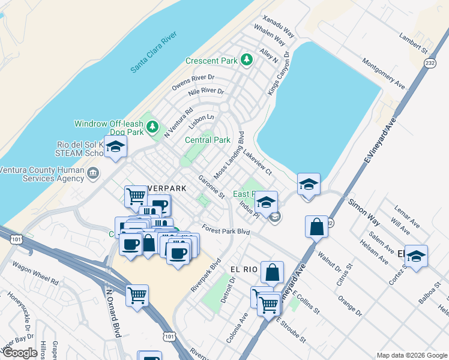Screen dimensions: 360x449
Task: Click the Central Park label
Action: (208, 140)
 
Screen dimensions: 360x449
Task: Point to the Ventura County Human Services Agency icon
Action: (92, 174)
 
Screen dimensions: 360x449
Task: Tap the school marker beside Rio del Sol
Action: (115, 147)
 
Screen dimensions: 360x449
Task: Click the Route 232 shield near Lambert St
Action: (430, 63)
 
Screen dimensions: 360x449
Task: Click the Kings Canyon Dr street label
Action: (279, 73)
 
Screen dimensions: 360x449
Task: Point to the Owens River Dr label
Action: (193, 82)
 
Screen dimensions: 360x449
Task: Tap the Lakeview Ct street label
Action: (258, 164)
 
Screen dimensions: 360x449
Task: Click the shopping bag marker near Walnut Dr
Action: (316, 227)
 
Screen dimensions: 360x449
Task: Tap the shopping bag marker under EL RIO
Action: (272, 272)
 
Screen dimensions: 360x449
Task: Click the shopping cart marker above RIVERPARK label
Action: (136, 195)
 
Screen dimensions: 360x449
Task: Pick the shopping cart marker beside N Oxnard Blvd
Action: (137, 295)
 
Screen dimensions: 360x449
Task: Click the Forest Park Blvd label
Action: (226, 229)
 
